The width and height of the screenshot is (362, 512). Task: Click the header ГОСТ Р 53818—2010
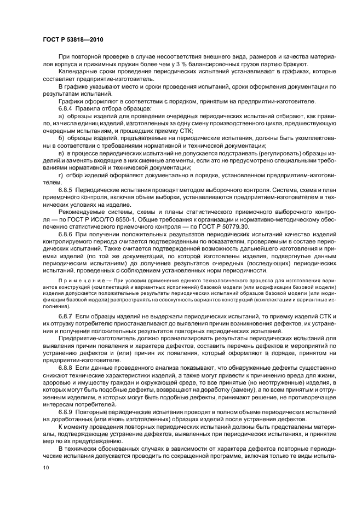pos(73,40)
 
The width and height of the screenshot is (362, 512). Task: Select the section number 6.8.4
pos(67,109)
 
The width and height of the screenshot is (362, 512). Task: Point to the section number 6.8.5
pos(67,188)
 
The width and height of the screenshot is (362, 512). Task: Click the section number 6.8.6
pos(67,234)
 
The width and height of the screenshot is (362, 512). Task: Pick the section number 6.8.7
pos(67,317)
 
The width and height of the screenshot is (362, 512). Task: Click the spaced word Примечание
pos(81,280)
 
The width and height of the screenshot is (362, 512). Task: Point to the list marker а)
pos(62,117)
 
